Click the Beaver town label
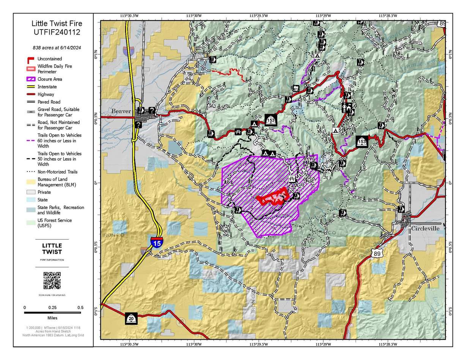click(x=121, y=111)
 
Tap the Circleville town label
click(x=425, y=229)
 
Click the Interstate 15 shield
click(x=157, y=242)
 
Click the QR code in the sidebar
click(x=52, y=280)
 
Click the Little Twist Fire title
click(x=57, y=23)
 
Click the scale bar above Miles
click(x=52, y=313)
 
